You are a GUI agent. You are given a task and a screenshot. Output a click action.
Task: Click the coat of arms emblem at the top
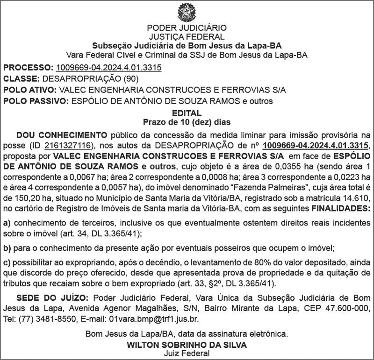click(187, 13)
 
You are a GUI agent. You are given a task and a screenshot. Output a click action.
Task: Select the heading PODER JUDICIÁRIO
click(187, 28)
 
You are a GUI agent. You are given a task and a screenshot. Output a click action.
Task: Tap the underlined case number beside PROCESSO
click(108, 68)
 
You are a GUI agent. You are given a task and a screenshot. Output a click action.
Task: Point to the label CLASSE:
click(22, 79)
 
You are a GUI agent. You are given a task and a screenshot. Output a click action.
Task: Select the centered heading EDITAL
click(187, 113)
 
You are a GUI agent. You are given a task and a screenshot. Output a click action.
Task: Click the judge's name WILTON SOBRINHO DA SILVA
click(187, 345)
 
